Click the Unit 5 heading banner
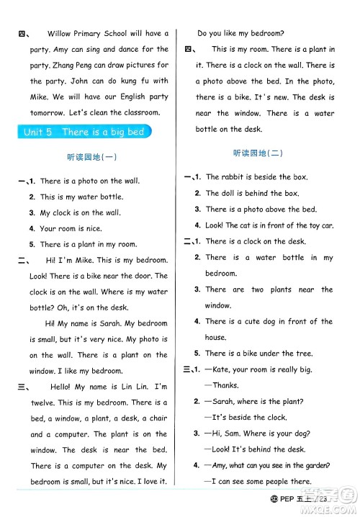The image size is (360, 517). [84, 132]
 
